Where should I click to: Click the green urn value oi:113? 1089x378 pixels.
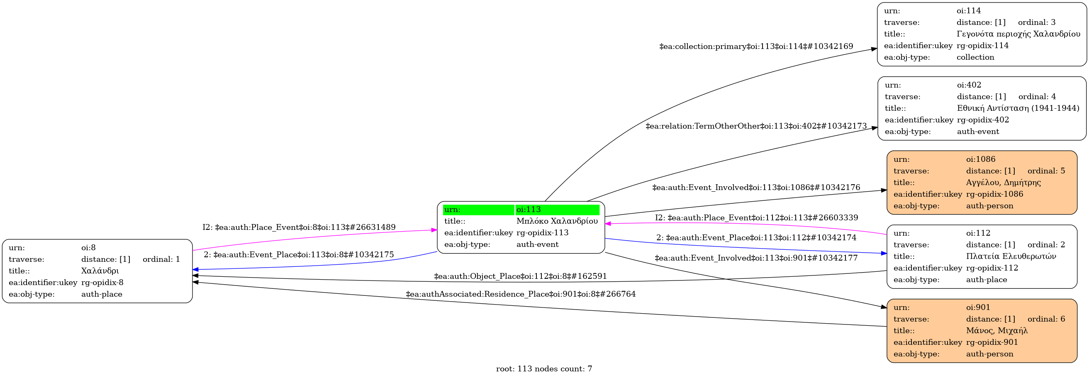(529, 209)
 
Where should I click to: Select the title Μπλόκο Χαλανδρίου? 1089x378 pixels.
(557, 221)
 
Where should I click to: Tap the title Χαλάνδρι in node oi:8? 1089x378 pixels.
(100, 271)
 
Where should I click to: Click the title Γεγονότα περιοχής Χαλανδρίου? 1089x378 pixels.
(1018, 34)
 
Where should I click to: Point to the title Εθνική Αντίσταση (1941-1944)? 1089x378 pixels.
(1018, 108)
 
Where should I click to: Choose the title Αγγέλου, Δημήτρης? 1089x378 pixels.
(1003, 183)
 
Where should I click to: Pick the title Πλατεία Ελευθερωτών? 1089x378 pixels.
(1011, 256)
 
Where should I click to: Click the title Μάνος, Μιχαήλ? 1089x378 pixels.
(996, 331)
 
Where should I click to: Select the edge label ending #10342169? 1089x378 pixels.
(756, 46)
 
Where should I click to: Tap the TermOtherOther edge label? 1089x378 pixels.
(756, 126)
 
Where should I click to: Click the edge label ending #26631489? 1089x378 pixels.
(299, 227)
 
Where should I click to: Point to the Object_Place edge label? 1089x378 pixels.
(520, 276)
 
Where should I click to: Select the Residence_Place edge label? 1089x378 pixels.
(520, 294)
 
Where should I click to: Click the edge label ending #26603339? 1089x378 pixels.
(756, 218)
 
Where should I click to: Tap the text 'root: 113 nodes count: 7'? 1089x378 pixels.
(544, 369)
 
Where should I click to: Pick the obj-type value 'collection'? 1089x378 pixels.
(975, 57)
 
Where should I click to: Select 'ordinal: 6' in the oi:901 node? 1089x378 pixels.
(1046, 319)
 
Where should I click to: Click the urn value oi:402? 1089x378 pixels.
(969, 85)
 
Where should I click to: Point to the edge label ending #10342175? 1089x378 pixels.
(298, 255)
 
